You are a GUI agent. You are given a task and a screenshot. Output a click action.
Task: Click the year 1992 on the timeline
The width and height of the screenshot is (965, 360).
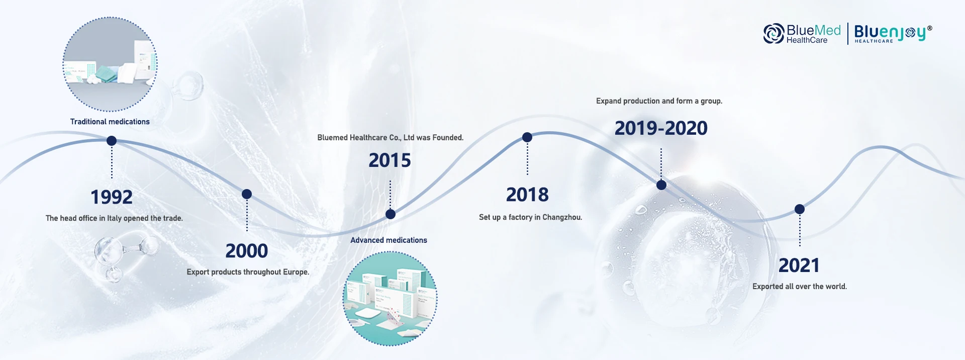pyautogui.click(x=112, y=197)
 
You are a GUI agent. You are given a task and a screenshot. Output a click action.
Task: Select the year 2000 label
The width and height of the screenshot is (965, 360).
pyautogui.click(x=247, y=251)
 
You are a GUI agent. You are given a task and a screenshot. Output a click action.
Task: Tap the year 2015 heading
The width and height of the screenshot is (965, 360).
pyautogui.click(x=390, y=160)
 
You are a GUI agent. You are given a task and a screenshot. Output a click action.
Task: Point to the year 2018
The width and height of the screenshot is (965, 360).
pyautogui.click(x=527, y=195)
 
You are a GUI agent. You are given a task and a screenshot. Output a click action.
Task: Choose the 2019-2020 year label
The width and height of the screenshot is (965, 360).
pyautogui.click(x=661, y=128)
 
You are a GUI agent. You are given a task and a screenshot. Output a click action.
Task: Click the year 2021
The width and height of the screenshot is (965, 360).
pyautogui.click(x=799, y=265)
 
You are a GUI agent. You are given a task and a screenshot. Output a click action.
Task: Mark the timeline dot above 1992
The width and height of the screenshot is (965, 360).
pyautogui.click(x=112, y=141)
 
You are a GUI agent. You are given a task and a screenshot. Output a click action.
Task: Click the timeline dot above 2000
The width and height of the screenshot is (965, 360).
pyautogui.click(x=247, y=194)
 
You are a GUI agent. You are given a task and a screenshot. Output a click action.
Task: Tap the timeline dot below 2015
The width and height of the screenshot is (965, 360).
pyautogui.click(x=391, y=214)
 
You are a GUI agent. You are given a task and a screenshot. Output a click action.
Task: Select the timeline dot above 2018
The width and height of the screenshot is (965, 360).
pyautogui.click(x=527, y=137)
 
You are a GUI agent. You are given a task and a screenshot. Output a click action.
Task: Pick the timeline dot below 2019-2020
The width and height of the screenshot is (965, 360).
pyautogui.click(x=661, y=185)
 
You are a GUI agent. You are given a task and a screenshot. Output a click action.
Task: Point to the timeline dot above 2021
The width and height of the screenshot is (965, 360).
pyautogui.click(x=800, y=209)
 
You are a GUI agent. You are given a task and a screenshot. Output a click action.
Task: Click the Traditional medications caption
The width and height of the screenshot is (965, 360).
pyautogui.click(x=110, y=122)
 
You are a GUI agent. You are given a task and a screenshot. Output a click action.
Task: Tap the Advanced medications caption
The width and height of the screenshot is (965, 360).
pyautogui.click(x=389, y=240)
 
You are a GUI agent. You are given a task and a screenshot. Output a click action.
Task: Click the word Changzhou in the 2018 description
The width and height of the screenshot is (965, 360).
pyautogui.click(x=562, y=217)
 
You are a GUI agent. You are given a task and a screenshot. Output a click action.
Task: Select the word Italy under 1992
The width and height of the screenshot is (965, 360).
pyautogui.click(x=114, y=218)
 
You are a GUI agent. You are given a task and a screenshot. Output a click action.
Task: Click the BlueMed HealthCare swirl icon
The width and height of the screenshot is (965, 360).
pyautogui.click(x=774, y=34)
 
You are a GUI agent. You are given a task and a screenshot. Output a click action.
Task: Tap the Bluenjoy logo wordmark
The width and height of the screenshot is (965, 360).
pyautogui.click(x=893, y=33)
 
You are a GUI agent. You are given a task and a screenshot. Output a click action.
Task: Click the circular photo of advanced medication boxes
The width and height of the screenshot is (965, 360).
pyautogui.click(x=390, y=299)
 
